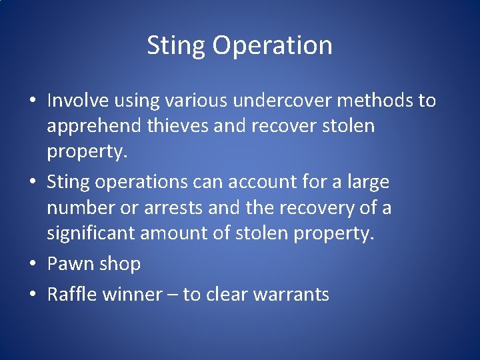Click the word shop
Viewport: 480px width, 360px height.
coord(120,264)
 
